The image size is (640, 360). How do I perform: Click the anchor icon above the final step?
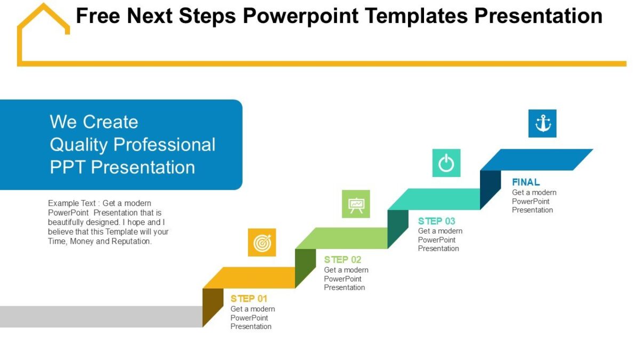coord(542,124)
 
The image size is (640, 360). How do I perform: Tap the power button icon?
coord(446,163)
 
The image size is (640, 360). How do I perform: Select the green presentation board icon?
coord(356,204)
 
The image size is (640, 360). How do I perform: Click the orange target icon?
coord(262,243)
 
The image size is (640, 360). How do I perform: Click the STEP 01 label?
coord(249,299)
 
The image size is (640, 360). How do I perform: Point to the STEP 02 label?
coord(342,260)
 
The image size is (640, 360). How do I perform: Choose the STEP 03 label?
coord(437,221)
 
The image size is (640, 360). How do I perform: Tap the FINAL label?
coord(526,182)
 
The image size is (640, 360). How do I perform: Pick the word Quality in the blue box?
coord(79,145)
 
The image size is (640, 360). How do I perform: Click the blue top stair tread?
coord(536,159)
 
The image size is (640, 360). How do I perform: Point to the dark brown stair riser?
coord(213,306)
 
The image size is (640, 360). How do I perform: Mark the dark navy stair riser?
coord(490,189)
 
